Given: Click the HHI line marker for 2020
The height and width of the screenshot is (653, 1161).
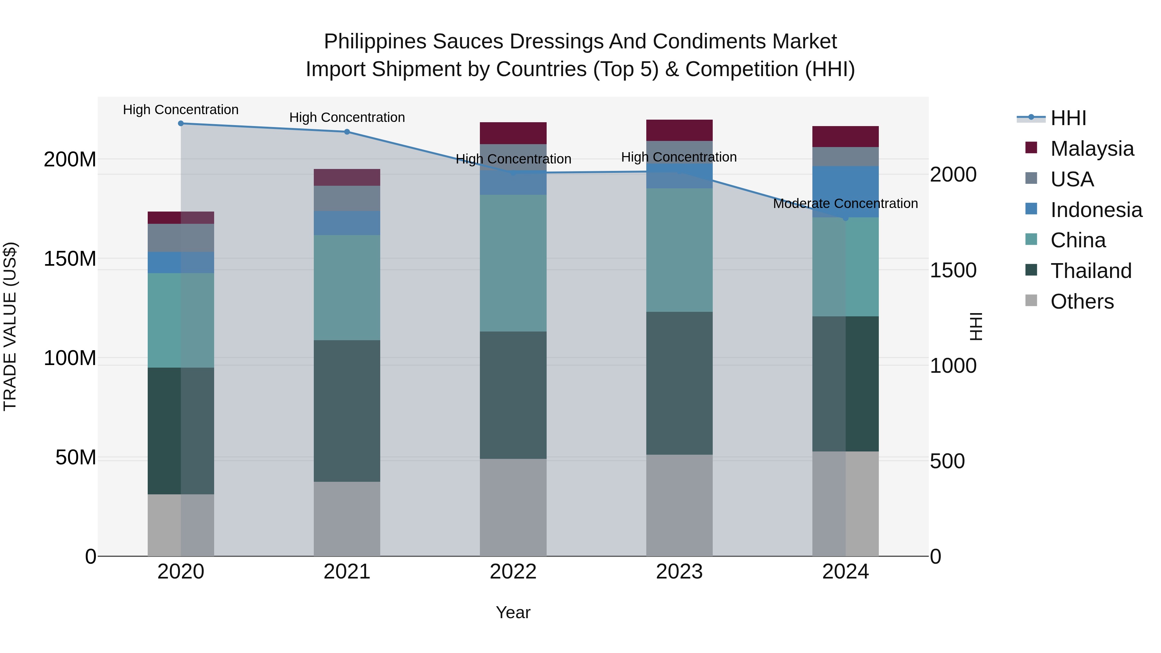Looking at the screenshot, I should click(x=181, y=124).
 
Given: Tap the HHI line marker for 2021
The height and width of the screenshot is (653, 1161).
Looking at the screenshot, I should click(x=347, y=132).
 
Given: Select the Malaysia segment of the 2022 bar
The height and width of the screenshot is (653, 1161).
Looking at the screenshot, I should click(x=513, y=134).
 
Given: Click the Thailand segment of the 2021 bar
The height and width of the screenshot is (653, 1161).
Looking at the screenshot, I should click(x=347, y=411).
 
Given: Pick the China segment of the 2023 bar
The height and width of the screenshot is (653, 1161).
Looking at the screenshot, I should click(x=679, y=250).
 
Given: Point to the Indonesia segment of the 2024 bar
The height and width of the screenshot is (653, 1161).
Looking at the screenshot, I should click(x=846, y=192).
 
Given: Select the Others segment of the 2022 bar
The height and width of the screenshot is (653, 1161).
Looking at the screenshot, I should click(x=513, y=508).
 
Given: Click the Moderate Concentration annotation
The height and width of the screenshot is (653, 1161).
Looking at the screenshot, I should click(x=846, y=204).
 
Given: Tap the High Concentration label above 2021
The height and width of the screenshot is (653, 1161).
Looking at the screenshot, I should click(x=347, y=118).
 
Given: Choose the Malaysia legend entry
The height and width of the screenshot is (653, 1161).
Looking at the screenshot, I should click(x=1092, y=149).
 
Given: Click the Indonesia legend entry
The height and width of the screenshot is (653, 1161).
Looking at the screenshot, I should click(x=1096, y=210).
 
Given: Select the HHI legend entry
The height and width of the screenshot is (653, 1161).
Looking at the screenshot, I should click(x=1068, y=118).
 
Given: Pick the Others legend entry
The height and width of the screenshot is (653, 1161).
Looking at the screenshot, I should click(x=1082, y=302).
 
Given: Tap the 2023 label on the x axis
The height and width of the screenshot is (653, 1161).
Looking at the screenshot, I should click(x=679, y=572).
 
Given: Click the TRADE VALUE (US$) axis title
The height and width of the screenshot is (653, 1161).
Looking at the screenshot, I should click(x=10, y=326).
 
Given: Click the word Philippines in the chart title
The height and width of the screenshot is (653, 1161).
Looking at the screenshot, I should click(x=375, y=42).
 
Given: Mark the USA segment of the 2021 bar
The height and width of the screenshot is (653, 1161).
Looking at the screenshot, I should click(x=347, y=198).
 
